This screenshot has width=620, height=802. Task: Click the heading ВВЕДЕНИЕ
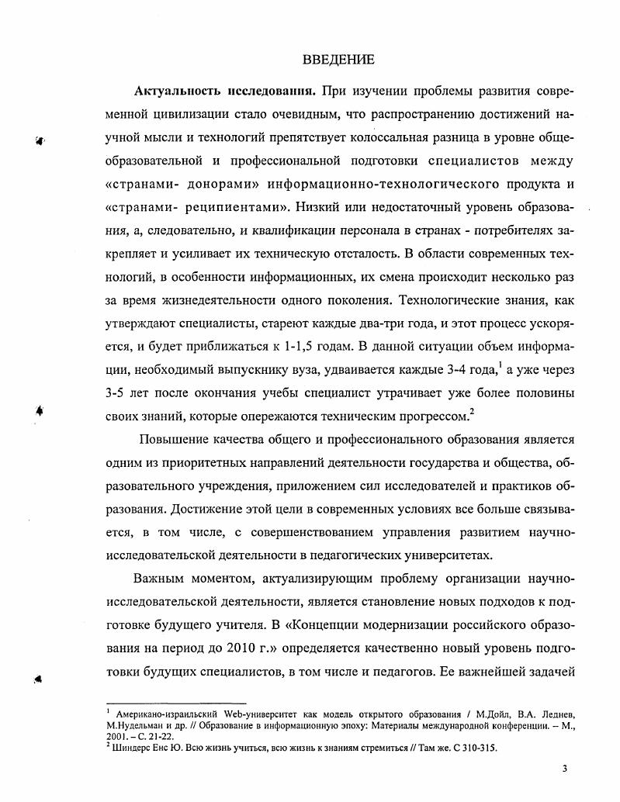click(337, 60)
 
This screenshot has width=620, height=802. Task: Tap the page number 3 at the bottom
click(565, 769)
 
